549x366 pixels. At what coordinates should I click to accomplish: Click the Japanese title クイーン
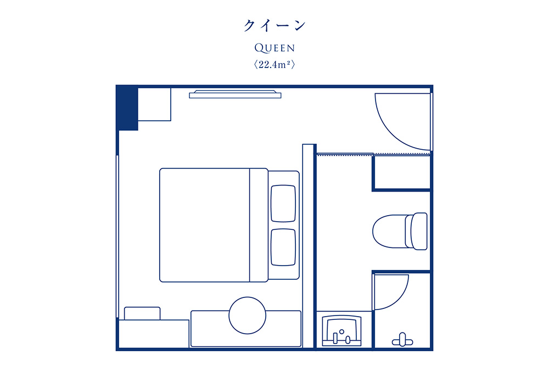(274, 25)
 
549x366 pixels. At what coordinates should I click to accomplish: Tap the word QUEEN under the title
(274, 48)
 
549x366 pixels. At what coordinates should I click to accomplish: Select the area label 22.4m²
(274, 64)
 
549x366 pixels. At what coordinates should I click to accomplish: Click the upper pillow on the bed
(283, 203)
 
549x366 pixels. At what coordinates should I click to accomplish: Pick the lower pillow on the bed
(283, 247)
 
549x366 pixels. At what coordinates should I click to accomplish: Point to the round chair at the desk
(247, 316)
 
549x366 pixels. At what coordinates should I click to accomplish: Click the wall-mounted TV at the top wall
(235, 94)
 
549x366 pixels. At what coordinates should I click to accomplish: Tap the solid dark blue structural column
(127, 108)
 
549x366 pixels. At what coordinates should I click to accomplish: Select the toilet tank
(419, 231)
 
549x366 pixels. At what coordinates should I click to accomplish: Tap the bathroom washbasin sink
(341, 331)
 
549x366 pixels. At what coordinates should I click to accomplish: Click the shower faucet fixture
(402, 340)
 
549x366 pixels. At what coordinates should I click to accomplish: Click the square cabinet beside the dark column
(154, 104)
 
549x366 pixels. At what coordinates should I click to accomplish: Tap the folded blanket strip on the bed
(259, 225)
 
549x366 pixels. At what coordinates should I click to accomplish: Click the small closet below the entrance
(402, 173)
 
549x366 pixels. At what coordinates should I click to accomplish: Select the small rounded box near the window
(142, 313)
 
